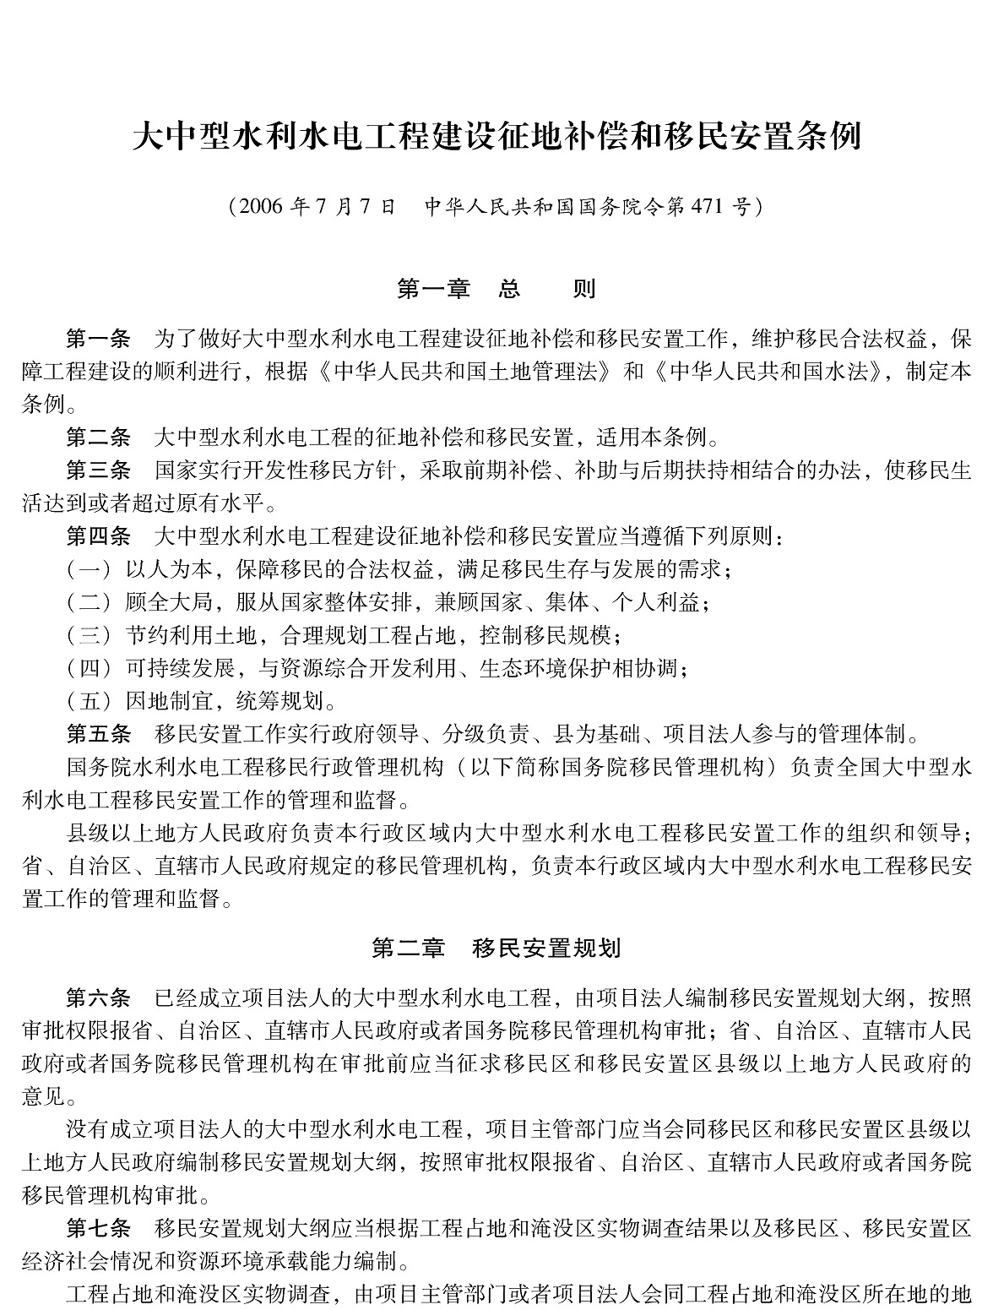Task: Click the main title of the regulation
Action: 496,137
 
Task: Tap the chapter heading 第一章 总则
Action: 496,290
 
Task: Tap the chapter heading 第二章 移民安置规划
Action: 496,949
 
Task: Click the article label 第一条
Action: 99,340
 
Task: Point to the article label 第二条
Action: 99,438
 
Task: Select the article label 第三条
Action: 99,470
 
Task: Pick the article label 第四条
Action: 99,536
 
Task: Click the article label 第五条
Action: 99,733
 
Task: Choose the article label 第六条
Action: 99,998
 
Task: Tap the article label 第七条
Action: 99,1229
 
